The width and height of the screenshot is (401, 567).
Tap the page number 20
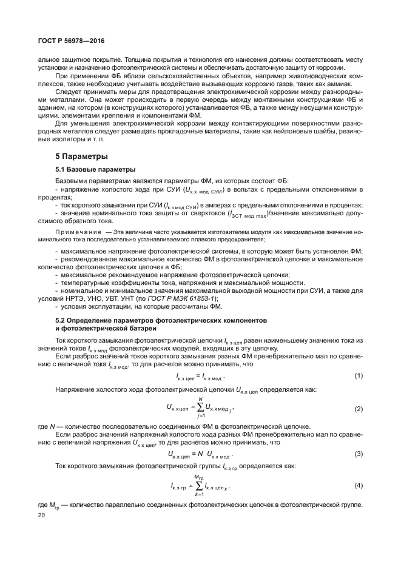click(x=41, y=515)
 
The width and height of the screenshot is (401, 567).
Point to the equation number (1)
click(x=359, y=376)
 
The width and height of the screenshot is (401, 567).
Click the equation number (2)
click(x=359, y=409)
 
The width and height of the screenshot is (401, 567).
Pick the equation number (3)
click(x=359, y=454)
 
